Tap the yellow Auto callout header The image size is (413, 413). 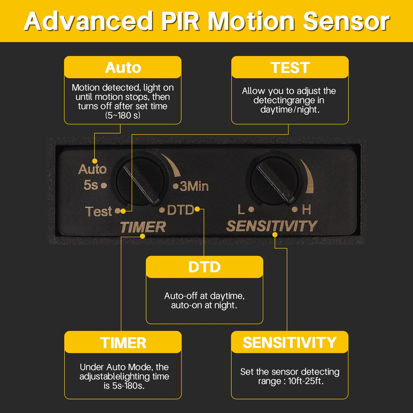point(123,67)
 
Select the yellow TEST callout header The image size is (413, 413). point(290,67)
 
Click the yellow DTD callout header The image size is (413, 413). point(204,267)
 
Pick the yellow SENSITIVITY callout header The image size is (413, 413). point(290,342)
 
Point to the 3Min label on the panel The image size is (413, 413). point(194,186)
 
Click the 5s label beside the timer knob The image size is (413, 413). point(91,185)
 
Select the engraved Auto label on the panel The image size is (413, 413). point(92,169)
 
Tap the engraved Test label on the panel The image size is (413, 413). point(98,211)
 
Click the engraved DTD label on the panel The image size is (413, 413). point(181,210)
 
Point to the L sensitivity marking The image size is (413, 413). point(241,209)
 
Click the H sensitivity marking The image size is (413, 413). point(307,210)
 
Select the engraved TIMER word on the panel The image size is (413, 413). point(143,227)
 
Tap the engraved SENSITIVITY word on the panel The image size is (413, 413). point(272,226)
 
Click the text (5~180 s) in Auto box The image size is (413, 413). point(123,116)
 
